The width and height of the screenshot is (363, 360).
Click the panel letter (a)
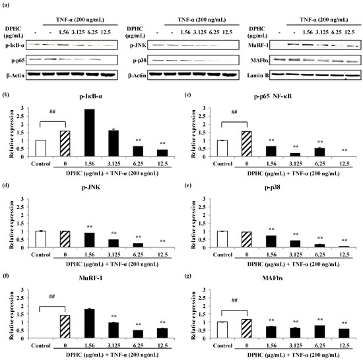tap(6, 5)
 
